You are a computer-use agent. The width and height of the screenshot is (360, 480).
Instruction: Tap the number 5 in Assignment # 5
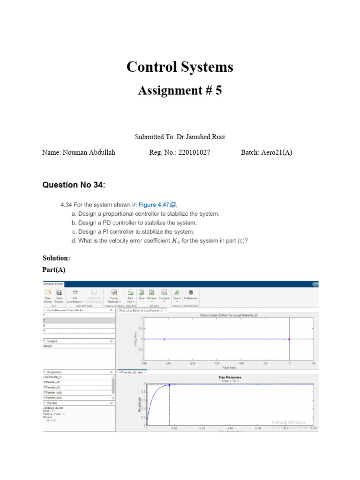(218, 90)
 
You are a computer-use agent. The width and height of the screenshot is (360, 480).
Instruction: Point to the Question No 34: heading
(74, 185)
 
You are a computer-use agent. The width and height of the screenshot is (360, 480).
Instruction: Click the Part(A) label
(55, 270)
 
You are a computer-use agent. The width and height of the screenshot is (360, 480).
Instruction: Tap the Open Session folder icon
(48, 292)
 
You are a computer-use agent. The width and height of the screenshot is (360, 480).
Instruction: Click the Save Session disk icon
(59, 292)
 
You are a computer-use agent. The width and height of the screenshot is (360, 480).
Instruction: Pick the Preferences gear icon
(191, 292)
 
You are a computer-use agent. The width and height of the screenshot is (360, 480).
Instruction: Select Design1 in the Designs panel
(49, 346)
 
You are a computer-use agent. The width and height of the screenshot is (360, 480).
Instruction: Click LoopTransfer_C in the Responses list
(52, 376)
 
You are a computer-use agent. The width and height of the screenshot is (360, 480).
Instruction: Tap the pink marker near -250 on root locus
(164, 339)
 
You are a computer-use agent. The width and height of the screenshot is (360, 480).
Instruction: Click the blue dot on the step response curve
(169, 385)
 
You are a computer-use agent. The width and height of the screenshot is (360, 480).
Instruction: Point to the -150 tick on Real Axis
(217, 363)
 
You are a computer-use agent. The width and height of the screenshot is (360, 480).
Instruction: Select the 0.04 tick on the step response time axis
(202, 428)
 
